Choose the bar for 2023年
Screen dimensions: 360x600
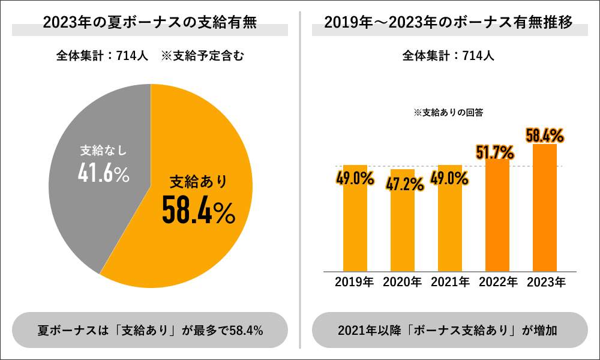point(545,216)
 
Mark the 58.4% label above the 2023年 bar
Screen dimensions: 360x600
point(544,135)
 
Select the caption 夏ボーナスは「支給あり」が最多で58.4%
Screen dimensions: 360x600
point(150,330)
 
